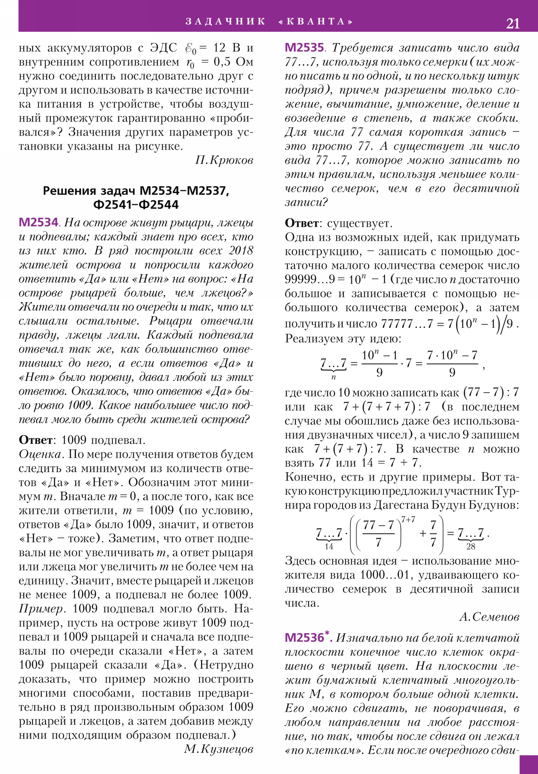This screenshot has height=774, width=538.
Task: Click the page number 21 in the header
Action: point(512,23)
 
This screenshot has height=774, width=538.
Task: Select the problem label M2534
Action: point(39,222)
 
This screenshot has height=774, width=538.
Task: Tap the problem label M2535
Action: point(304,47)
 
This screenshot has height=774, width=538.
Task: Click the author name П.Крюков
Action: point(224,160)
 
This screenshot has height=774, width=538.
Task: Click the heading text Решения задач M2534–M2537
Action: point(136,191)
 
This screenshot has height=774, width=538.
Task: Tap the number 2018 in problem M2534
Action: point(241,251)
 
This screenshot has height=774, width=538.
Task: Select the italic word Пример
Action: point(40,608)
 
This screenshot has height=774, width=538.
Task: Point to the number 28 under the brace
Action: point(471,547)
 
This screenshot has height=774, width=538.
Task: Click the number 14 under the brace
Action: point(329,547)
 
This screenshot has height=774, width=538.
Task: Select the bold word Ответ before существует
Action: point(302,223)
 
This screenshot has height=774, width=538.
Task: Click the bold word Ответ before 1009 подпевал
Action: point(35,440)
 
